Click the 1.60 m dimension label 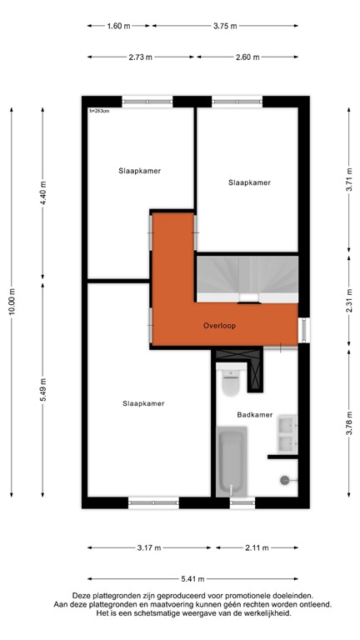pyautogui.click(x=119, y=26)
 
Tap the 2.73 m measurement pyautogui.click(x=141, y=57)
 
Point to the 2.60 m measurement pyautogui.click(x=247, y=57)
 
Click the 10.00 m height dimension pyautogui.click(x=12, y=301)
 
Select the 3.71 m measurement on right pyautogui.click(x=349, y=182)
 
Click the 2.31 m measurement pyautogui.click(x=349, y=297)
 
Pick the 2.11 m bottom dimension pyautogui.click(x=257, y=547)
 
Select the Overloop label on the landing pyautogui.click(x=218, y=326)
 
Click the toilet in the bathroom pyautogui.click(x=230, y=382)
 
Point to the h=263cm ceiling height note pyautogui.click(x=99, y=110)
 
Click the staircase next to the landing pyautogui.click(x=246, y=278)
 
